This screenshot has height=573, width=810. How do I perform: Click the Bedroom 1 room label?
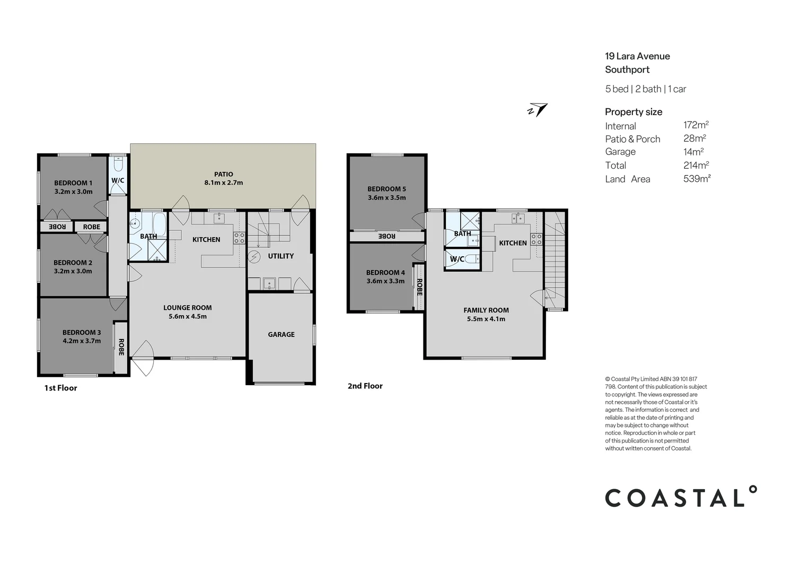pyautogui.click(x=73, y=183)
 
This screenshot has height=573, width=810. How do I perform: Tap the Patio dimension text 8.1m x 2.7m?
pyautogui.click(x=224, y=183)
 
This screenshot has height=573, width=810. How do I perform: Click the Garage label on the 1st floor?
pyautogui.click(x=281, y=335)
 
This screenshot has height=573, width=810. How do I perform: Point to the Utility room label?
pyautogui.click(x=280, y=256)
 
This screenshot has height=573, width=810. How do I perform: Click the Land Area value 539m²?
pyautogui.click(x=697, y=179)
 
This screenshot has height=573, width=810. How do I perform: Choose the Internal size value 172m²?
pyautogui.click(x=695, y=125)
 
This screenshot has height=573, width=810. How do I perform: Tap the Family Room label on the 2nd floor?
pyautogui.click(x=486, y=310)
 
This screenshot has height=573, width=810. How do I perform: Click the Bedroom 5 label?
pyautogui.click(x=386, y=189)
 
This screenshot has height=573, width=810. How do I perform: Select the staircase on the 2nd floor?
pyautogui.click(x=555, y=260)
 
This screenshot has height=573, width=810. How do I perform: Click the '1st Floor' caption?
pyautogui.click(x=60, y=388)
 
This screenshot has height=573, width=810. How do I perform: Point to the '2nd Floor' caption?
pyautogui.click(x=365, y=386)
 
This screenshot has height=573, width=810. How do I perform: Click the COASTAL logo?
pyautogui.click(x=681, y=497)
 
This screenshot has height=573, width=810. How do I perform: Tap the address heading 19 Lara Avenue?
pyautogui.click(x=637, y=56)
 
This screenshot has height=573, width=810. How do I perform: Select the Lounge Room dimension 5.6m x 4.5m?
pyautogui.click(x=188, y=317)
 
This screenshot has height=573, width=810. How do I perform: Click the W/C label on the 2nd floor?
pyautogui.click(x=457, y=259)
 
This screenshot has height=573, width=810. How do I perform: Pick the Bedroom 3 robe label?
pyautogui.click(x=121, y=347)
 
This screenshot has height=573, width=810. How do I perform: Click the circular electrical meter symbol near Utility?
pyautogui.click(x=254, y=257)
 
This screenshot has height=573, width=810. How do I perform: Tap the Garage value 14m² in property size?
pyautogui.click(x=693, y=152)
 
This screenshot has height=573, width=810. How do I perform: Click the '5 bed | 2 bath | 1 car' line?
pyautogui.click(x=645, y=89)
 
